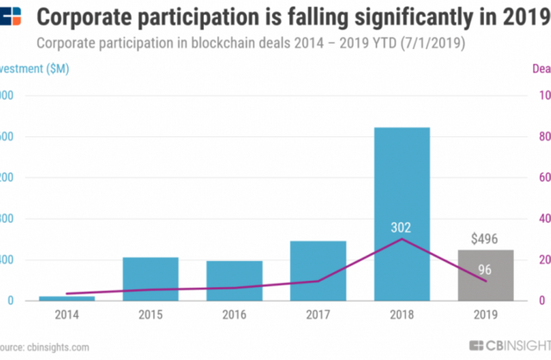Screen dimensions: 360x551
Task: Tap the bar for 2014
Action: coord(67,298)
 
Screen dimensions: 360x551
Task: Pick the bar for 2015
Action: coord(151,279)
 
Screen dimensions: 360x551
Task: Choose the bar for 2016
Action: coord(234,281)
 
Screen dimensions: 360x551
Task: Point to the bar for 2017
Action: coord(318,270)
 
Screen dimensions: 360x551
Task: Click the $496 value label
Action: coord(486,239)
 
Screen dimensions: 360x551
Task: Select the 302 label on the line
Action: coord(400,228)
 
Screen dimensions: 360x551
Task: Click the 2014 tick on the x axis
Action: coord(67,316)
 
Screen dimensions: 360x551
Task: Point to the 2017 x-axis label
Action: coord(318,316)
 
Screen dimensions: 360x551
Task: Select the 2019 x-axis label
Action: coord(485,316)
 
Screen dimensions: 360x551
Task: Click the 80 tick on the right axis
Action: coord(545,136)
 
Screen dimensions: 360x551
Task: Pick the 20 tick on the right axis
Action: coord(545,260)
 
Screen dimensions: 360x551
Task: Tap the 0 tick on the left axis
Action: coord(8,301)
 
